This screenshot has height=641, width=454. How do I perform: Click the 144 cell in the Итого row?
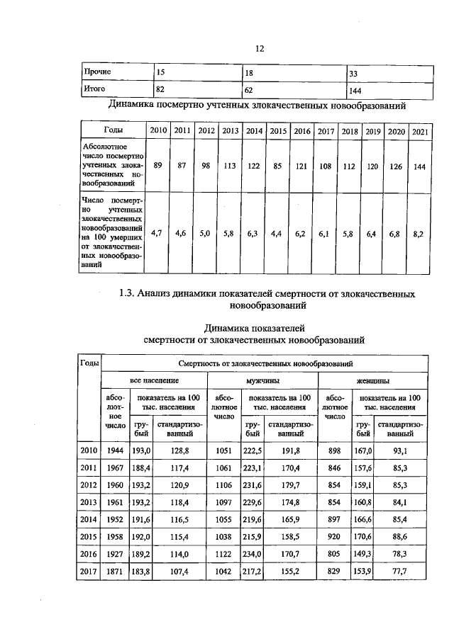(356, 91)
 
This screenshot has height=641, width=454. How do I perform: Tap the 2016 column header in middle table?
(302, 131)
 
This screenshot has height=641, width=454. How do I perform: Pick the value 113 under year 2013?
(229, 166)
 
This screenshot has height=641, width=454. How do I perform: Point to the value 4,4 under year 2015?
(277, 232)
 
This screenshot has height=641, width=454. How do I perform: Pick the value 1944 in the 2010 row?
(114, 450)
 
